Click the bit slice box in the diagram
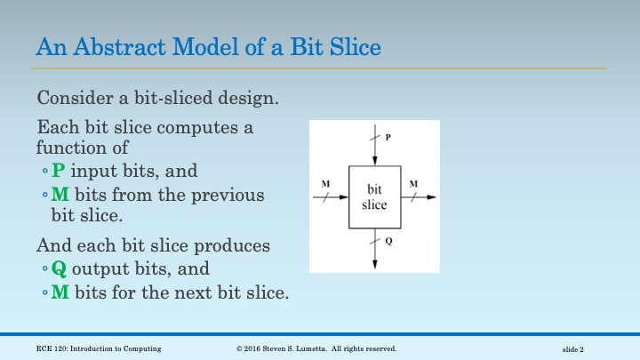(374, 197)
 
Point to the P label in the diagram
(387, 138)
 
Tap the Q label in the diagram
(388, 241)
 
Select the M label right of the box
(413, 184)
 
